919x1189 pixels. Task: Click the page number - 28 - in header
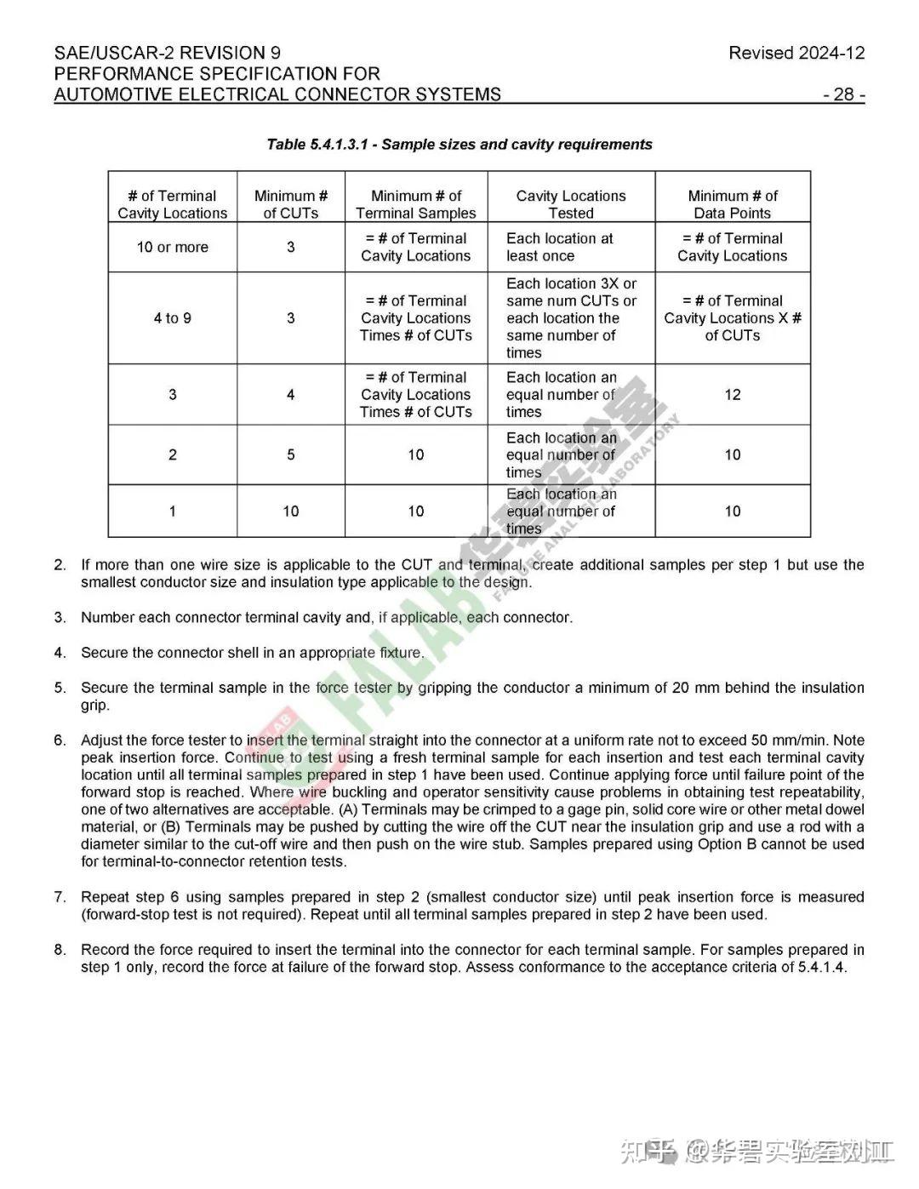pos(843,94)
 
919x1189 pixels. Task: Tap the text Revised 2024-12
pos(796,53)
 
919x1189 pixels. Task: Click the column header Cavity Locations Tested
pos(570,204)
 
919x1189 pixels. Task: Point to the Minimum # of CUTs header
pos(290,204)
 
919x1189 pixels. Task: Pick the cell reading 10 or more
pos(172,248)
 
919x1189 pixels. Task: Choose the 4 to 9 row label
pos(172,318)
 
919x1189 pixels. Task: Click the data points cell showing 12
pos(732,395)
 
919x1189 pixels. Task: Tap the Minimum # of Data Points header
pos(732,204)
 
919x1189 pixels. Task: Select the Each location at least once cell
pos(559,248)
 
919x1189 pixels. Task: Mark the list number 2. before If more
pos(60,565)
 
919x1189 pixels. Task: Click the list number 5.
pos(60,688)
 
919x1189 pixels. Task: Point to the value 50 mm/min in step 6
pos(793,740)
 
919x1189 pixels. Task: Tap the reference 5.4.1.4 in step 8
pos(820,967)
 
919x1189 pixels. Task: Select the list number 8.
pos(60,950)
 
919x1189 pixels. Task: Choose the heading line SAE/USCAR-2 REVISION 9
pos(168,53)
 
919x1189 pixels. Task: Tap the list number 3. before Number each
pos(60,618)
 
